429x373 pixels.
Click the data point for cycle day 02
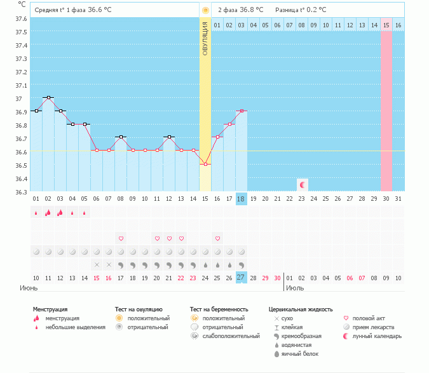pyautogui.click(x=48, y=97)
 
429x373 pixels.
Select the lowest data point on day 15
pyautogui.click(x=205, y=164)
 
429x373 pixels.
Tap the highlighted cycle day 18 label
pyautogui.click(x=241, y=199)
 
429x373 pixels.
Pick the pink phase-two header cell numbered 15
pyautogui.click(x=386, y=25)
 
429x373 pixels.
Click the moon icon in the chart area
pyautogui.click(x=303, y=185)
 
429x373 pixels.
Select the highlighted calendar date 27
pyautogui.click(x=241, y=278)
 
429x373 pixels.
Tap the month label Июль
pyautogui.click(x=295, y=288)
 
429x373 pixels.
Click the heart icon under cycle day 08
pyautogui.click(x=120, y=238)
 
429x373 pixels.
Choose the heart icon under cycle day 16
pyautogui.click(x=217, y=238)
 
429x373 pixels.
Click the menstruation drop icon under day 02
pyautogui.click(x=48, y=213)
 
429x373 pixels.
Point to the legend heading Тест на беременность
pyautogui.click(x=219, y=309)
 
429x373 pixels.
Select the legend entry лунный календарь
pyautogui.click(x=374, y=336)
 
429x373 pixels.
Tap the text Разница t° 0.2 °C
pyautogui.click(x=301, y=10)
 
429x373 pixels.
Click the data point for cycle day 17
pyautogui.click(x=229, y=124)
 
